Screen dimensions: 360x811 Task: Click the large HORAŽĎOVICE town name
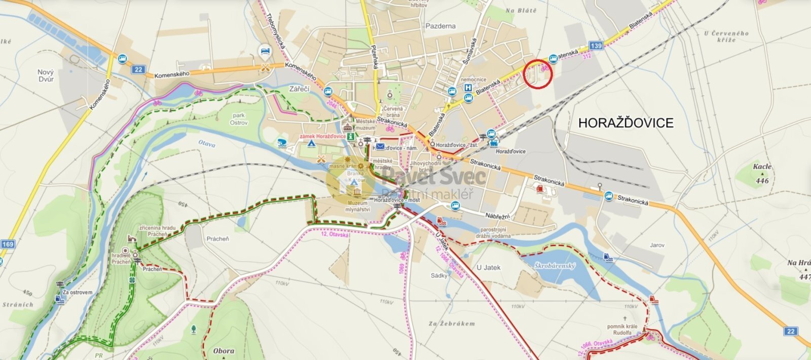coord(625,123)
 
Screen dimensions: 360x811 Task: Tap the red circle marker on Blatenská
coord(537,74)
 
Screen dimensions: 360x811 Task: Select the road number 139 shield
coord(596,46)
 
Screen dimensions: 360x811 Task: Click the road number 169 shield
coord(8,244)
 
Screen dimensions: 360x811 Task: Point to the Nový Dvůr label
coord(46,76)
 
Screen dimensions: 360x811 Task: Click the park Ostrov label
coord(238,119)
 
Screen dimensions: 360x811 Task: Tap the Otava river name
coord(207,145)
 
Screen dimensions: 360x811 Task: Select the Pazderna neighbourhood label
coord(440,26)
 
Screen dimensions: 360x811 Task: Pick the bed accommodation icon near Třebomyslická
coord(265,50)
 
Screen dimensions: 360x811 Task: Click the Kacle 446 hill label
coord(762,173)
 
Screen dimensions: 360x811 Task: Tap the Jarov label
coord(657,245)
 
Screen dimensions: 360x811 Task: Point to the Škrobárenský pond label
coord(555,265)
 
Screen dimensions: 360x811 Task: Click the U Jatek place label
coord(488,267)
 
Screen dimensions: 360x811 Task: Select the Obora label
coord(224,351)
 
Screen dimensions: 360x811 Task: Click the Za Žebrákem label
coord(451,323)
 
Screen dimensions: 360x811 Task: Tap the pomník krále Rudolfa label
coord(622,330)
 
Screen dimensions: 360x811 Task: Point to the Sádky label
coord(439,276)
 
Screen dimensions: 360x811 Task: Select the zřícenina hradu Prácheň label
coord(158,231)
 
